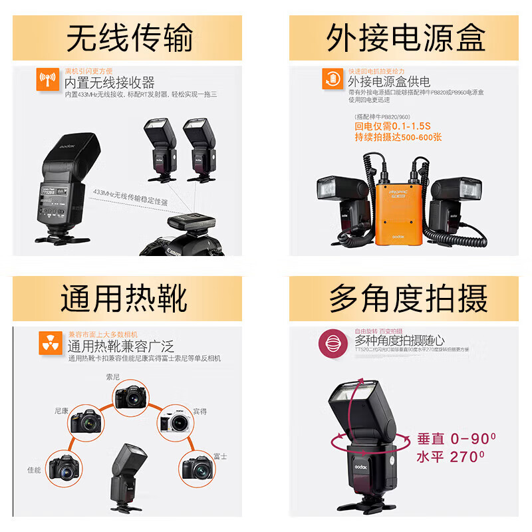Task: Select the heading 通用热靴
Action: pyautogui.click(x=124, y=299)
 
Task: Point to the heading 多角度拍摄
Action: pyautogui.click(x=408, y=299)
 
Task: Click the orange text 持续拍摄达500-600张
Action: pyautogui.click(x=398, y=138)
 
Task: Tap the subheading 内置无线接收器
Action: pyautogui.click(x=109, y=82)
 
